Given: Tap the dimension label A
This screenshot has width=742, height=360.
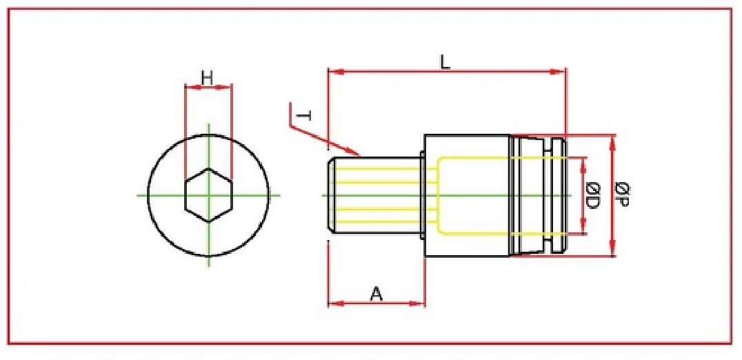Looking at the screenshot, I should pyautogui.click(x=376, y=294).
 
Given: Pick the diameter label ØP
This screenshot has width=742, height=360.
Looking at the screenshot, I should pyautogui.click(x=622, y=196).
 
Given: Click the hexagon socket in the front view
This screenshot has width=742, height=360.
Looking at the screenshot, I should pyautogui.click(x=208, y=195).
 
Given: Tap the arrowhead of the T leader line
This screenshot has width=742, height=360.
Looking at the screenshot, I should pyautogui.click(x=357, y=153).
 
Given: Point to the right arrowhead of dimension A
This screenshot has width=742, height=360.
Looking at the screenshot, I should pyautogui.click(x=421, y=303).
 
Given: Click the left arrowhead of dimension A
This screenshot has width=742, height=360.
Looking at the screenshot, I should pyautogui.click(x=332, y=303).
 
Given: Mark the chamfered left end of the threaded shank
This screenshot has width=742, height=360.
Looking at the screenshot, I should pyautogui.click(x=330, y=196).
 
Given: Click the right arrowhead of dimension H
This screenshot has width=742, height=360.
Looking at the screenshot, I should pyautogui.click(x=228, y=87).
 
